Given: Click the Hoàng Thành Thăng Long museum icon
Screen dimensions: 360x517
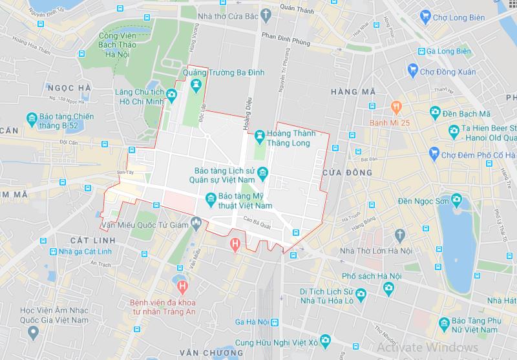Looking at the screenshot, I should pyautogui.click(x=259, y=134).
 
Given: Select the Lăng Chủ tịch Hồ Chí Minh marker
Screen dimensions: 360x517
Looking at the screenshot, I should pyautogui.click(x=171, y=96).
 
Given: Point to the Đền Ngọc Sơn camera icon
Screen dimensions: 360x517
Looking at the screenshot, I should pyautogui.click(x=457, y=199).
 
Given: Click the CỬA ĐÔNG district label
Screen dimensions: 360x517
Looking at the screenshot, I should pyautogui.click(x=350, y=173).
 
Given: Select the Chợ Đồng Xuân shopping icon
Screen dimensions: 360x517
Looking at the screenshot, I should pyautogui.click(x=412, y=70).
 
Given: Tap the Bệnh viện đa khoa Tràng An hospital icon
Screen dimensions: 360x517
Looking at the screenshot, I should pyautogui.click(x=183, y=284).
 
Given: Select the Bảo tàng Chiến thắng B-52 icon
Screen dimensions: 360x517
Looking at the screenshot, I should pyautogui.click(x=31, y=118).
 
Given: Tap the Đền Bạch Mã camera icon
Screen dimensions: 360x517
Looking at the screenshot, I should pyautogui.click(x=436, y=113).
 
